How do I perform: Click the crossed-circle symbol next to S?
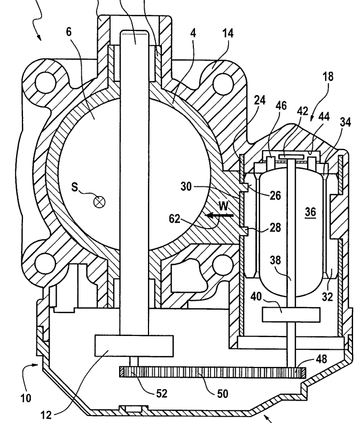(x=99, y=202)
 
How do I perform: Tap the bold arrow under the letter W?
(x=219, y=215)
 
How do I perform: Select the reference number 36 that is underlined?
(x=310, y=213)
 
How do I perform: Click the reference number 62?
(x=174, y=218)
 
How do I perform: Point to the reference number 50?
(x=223, y=394)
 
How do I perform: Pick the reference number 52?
(x=161, y=394)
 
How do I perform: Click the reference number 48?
(x=321, y=359)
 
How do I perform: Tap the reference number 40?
(x=256, y=297)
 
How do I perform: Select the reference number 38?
(x=275, y=260)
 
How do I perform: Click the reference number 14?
(x=228, y=33)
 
